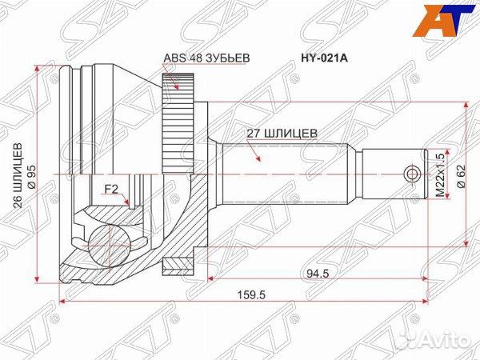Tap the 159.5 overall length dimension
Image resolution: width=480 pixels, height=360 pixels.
250,294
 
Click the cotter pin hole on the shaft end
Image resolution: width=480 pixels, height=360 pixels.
412,174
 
